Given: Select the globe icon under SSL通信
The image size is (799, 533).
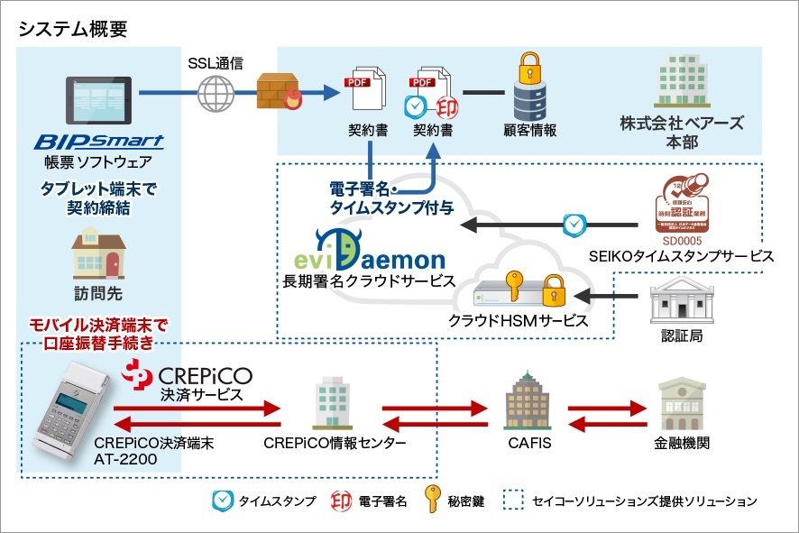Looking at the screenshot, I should click(x=215, y=92).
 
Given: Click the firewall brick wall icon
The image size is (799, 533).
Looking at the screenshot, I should click(x=274, y=90).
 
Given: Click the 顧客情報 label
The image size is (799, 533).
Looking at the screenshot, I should click(x=529, y=130).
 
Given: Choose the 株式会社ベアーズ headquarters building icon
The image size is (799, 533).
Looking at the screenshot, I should click(x=682, y=82).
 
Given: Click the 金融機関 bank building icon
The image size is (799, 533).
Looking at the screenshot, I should click(x=681, y=403).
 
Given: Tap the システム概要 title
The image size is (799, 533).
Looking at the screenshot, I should click(x=73, y=28).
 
